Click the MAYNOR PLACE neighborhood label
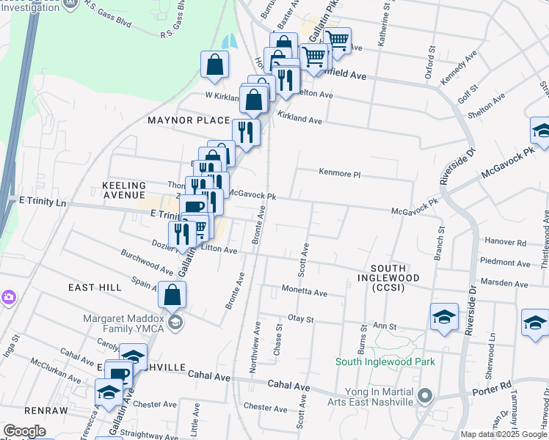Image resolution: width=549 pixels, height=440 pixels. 189,120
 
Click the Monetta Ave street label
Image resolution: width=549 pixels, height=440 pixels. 305,292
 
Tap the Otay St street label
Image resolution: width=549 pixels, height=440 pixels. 301,319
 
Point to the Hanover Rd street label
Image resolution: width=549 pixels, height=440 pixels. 506,242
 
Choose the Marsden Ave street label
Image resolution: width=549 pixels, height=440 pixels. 503,283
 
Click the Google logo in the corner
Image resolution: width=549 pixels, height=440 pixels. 24,430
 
